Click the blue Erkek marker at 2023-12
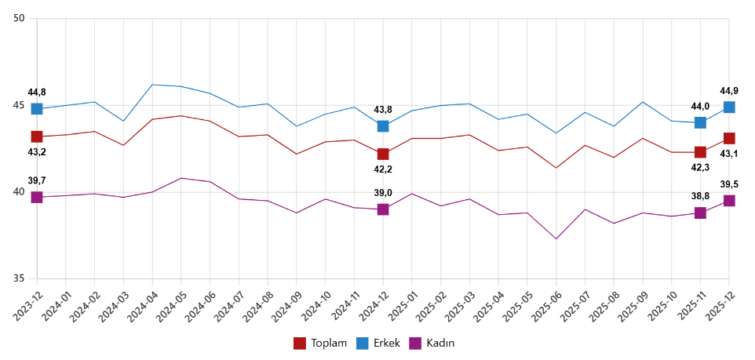[x=37, y=108]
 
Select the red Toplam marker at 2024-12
[x=383, y=154]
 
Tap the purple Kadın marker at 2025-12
[x=729, y=201]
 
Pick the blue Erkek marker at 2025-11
[x=700, y=122]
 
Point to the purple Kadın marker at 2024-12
[x=383, y=209]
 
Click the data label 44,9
[x=729, y=90]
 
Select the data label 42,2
[x=383, y=169]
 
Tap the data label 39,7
[x=37, y=180]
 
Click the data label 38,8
[x=700, y=196]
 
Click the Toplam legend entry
[x=320, y=343]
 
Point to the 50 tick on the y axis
[x=20, y=19]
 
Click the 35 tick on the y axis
[x=20, y=279]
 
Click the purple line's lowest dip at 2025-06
[x=556, y=238]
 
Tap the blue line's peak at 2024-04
[x=152, y=85]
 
